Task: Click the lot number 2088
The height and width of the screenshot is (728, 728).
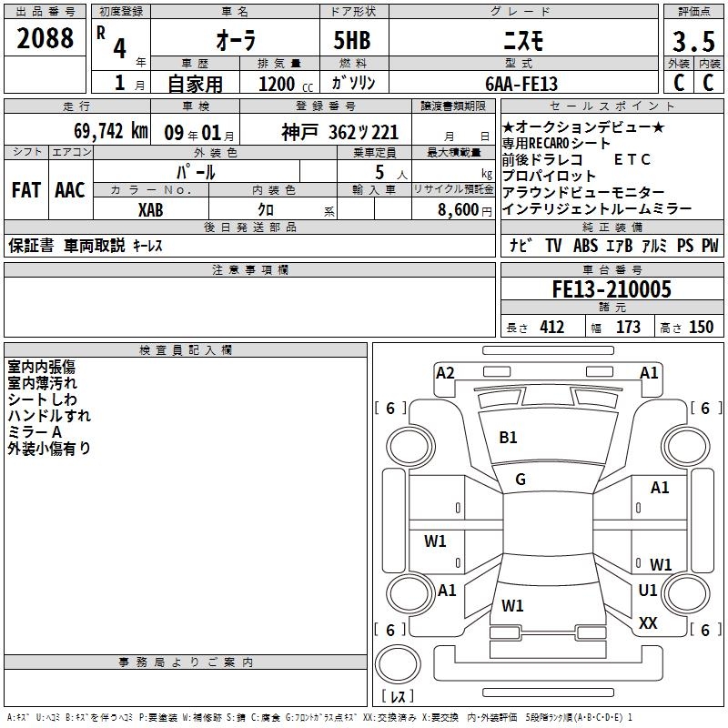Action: (45, 38)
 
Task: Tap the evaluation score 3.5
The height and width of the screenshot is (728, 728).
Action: (693, 41)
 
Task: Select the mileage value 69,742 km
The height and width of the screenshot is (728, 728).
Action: (111, 131)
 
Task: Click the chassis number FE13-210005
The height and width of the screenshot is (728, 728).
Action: (612, 289)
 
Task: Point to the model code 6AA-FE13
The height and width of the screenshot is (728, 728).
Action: (521, 84)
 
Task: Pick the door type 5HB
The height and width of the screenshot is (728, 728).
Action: (352, 40)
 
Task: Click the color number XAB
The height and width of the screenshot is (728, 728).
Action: (150, 210)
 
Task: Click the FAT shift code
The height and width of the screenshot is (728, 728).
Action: (26, 190)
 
